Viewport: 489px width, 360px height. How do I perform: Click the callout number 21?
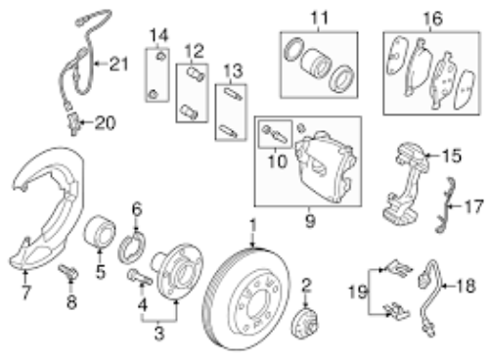click(118, 64)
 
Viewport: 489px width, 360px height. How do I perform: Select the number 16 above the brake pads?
click(432, 19)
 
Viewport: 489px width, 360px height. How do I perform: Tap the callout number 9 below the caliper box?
click(310, 221)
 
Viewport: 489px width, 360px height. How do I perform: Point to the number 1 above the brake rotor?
click(253, 227)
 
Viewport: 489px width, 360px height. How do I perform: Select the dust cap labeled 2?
click(304, 324)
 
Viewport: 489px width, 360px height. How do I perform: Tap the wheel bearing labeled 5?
click(100, 233)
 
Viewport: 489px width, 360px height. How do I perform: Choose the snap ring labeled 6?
click(132, 247)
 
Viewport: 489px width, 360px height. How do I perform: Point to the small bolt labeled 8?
click(68, 272)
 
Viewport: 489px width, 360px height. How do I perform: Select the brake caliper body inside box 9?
click(326, 166)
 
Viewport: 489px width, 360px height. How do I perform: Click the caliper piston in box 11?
click(316, 65)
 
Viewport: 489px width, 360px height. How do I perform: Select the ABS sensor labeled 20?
click(73, 124)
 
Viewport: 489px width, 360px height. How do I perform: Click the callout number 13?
click(233, 71)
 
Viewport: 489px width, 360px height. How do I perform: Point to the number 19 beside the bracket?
click(358, 292)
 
